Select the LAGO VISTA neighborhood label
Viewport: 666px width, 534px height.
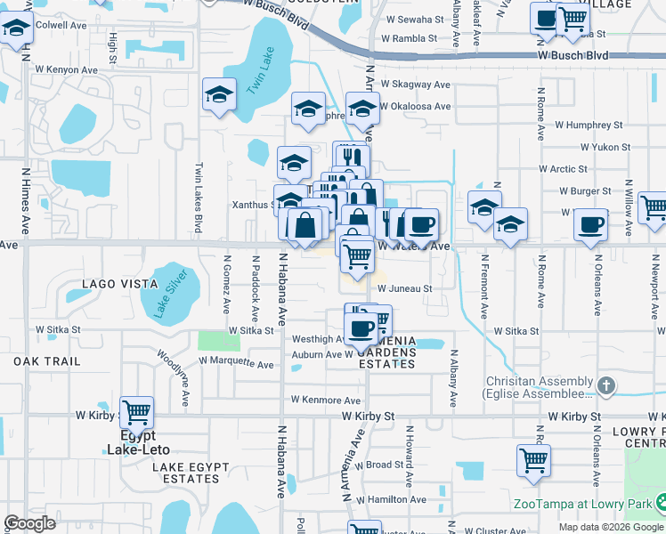point(119,284)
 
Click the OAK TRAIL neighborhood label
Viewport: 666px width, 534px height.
point(47,361)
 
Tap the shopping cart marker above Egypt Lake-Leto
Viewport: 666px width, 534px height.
point(137,412)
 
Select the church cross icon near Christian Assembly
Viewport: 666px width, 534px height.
point(606,385)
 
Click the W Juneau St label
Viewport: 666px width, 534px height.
point(404,288)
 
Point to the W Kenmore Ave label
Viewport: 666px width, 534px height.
point(321,400)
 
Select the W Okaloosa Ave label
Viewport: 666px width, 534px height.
point(418,106)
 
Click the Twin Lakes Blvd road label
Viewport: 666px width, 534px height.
point(199,198)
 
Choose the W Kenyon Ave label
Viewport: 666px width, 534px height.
point(67,69)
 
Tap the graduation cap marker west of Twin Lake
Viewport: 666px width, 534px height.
point(218,95)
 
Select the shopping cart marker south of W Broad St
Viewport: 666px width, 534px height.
point(533,461)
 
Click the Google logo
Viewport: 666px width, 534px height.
point(29,523)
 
